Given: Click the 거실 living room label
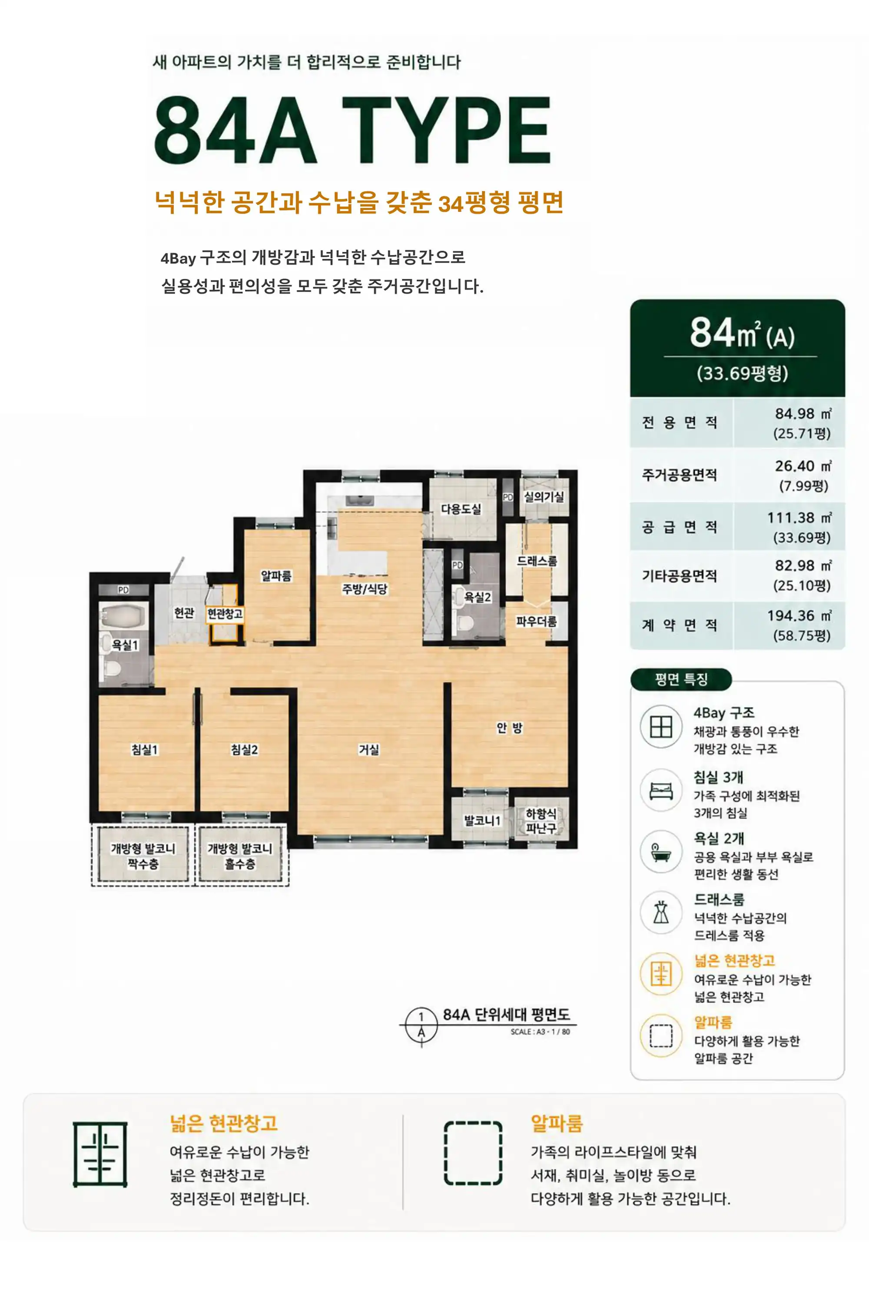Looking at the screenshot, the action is pos(369,750).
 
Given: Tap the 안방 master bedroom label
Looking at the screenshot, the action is pos(509,728).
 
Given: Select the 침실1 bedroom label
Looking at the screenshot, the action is pos(145,750).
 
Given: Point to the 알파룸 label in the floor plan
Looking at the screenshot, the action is pos(276,575).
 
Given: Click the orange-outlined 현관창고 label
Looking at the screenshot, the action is pos(225,614).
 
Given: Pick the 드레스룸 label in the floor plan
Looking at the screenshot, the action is pos(537,561).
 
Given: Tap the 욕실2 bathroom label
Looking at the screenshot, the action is pos(477,597).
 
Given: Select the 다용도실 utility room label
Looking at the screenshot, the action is pos(461,509).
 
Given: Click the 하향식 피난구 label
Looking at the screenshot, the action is pos(541,820).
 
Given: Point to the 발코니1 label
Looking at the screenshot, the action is pos(482,820).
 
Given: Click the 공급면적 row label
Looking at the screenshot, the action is pos(680,526).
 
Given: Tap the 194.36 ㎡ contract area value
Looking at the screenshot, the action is pos(799,615).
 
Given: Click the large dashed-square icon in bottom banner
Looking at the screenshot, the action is pos(473,1154).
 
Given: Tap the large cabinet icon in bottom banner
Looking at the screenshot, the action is pos(100,1154).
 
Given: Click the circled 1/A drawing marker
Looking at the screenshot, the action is pos(421,1024).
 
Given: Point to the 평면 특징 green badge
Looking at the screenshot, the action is pos(681,679).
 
